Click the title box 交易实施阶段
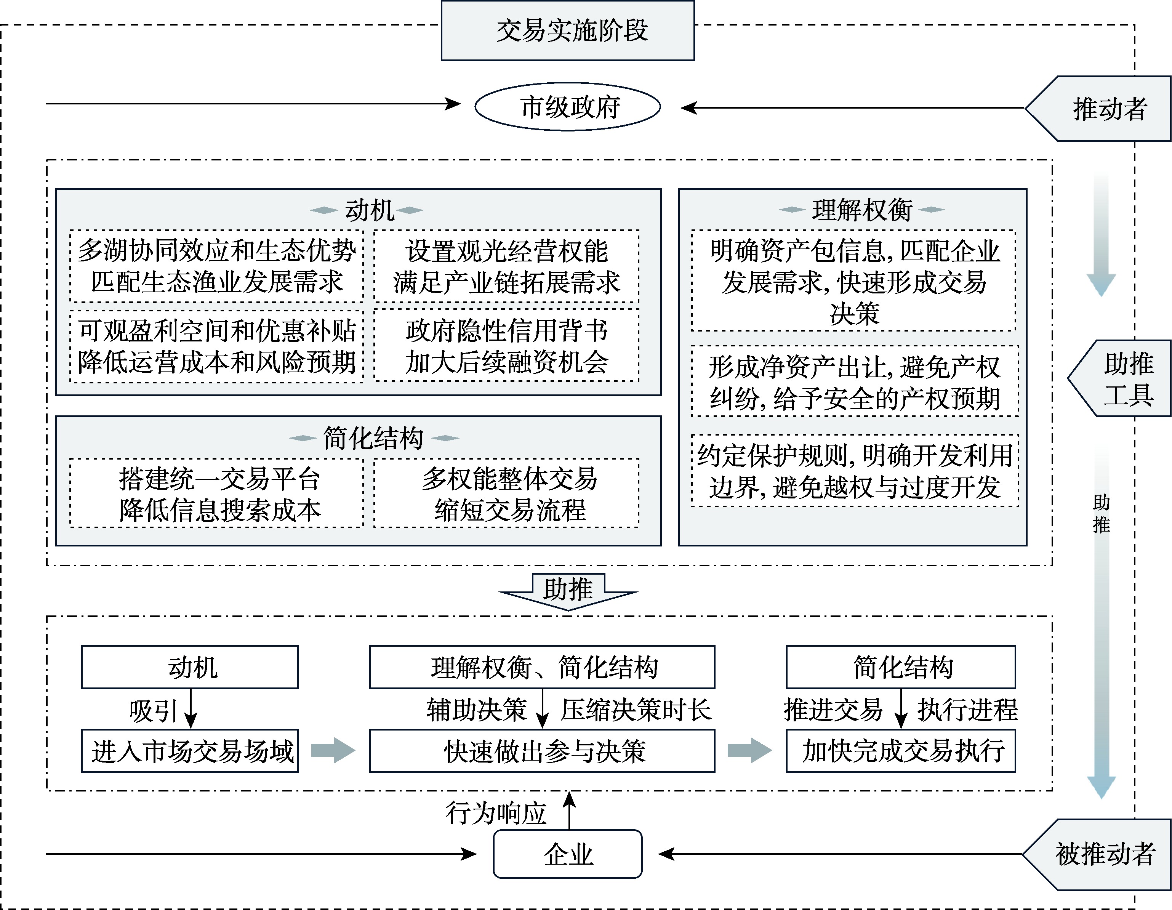tap(567, 30)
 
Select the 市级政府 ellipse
tap(568, 107)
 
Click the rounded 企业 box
tap(568, 854)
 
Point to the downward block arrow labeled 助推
tap(568, 591)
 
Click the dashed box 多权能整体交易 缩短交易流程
tap(507, 493)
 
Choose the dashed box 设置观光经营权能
tap(507, 266)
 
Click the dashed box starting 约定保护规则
tap(854, 471)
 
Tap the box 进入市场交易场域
tap(190, 751)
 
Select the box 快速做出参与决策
tap(542, 751)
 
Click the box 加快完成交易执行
tap(901, 751)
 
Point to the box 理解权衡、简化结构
tap(542, 667)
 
